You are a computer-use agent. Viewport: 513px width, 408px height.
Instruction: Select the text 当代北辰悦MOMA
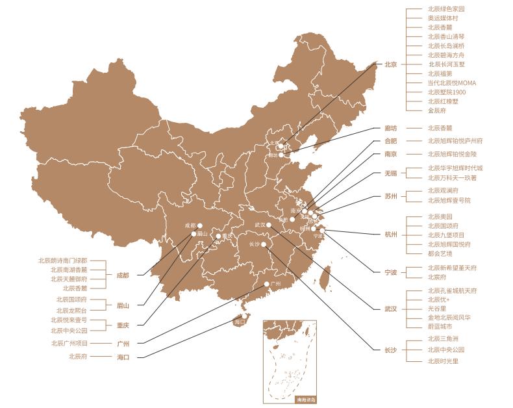(451, 83)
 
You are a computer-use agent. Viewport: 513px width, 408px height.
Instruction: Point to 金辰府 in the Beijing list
(436, 111)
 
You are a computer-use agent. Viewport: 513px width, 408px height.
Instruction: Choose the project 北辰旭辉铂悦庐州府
(455, 140)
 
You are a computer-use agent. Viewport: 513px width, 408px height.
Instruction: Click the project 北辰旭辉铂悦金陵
(451, 154)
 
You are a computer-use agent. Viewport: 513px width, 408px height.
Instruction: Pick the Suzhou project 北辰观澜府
(443, 191)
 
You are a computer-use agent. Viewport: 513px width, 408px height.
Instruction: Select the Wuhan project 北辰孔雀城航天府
(451, 290)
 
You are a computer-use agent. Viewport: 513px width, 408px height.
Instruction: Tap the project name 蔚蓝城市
(440, 327)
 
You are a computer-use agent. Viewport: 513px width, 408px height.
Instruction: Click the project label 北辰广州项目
(69, 343)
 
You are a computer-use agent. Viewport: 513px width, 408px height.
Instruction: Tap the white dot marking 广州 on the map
(266, 284)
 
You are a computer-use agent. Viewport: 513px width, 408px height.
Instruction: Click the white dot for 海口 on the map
(234, 318)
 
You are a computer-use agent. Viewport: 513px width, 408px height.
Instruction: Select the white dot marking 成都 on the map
(200, 225)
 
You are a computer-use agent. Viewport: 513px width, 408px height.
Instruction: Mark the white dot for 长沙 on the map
(264, 244)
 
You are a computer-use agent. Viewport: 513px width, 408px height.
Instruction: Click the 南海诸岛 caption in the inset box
(305, 400)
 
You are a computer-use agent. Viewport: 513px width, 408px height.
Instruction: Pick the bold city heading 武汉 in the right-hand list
(390, 309)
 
